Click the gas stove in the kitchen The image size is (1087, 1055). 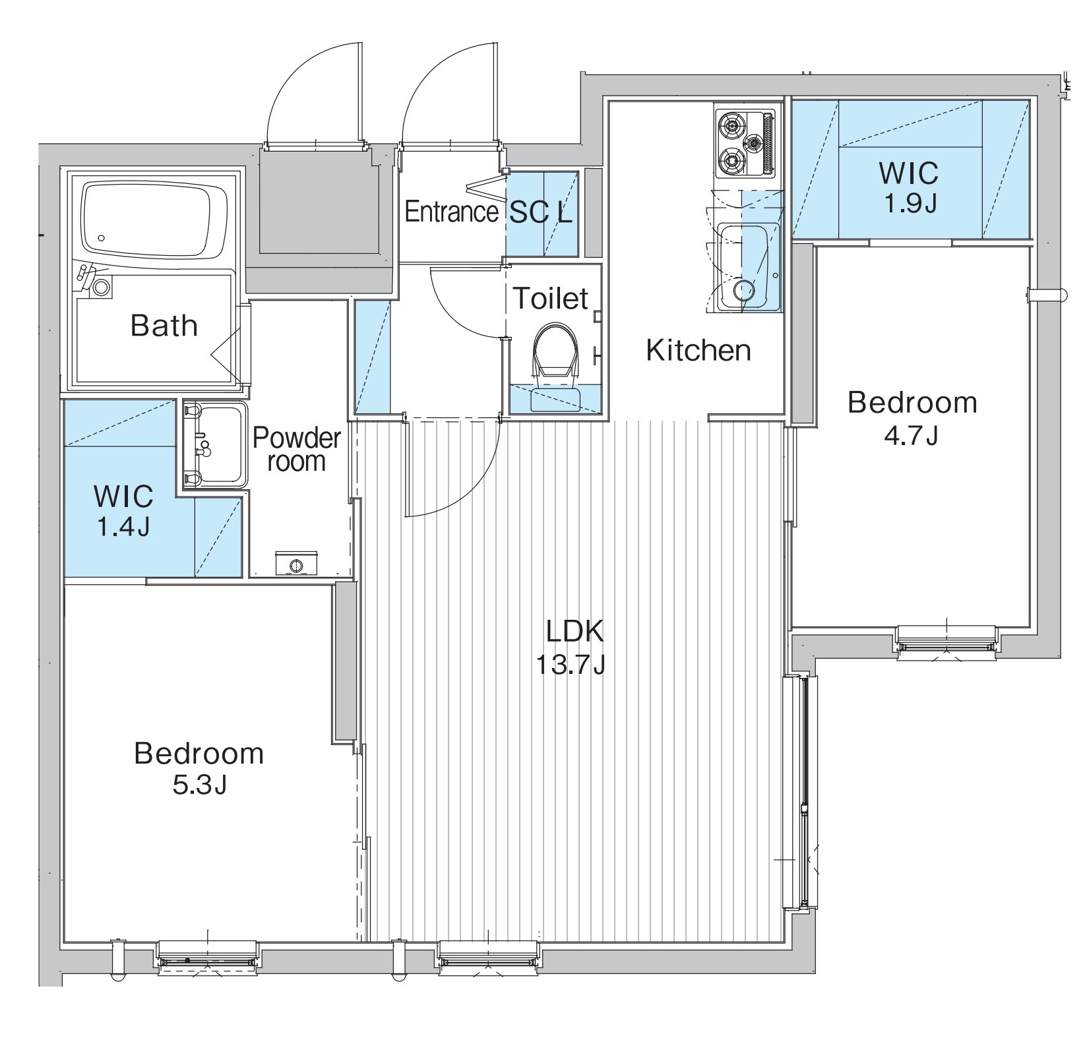point(746,143)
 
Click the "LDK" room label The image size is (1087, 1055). point(575,632)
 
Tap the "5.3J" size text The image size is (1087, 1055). point(199,786)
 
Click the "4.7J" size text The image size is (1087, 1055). point(912,436)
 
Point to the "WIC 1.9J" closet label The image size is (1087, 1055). point(908,188)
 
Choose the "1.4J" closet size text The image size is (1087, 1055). point(124,527)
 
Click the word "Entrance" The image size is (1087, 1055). point(451,212)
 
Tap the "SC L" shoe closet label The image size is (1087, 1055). point(542,212)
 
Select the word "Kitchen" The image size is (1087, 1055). point(699,350)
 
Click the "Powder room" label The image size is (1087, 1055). point(297,449)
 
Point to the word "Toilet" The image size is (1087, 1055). point(550,299)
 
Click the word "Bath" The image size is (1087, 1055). point(164,326)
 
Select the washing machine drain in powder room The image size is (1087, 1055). point(296,564)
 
